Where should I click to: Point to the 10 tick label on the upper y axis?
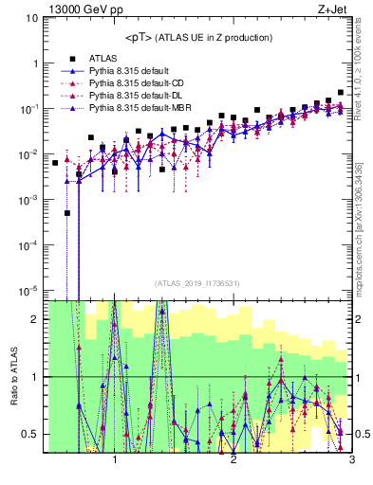(32, 18)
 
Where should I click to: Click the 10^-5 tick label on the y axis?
(28, 290)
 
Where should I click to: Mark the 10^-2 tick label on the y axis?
(28, 154)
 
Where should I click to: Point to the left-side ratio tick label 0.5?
(31, 434)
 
